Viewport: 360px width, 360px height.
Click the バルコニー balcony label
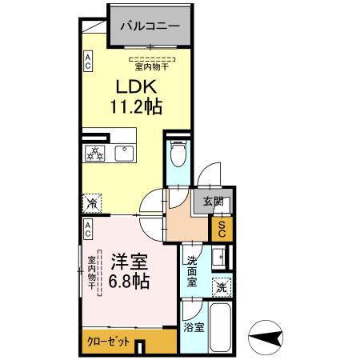(150, 26)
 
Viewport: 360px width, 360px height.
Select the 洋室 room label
(129, 260)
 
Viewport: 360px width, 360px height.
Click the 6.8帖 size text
(129, 281)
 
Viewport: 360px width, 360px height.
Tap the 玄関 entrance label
(212, 202)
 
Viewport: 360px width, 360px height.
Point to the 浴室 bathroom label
(191, 327)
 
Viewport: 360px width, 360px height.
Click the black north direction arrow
(267, 336)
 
